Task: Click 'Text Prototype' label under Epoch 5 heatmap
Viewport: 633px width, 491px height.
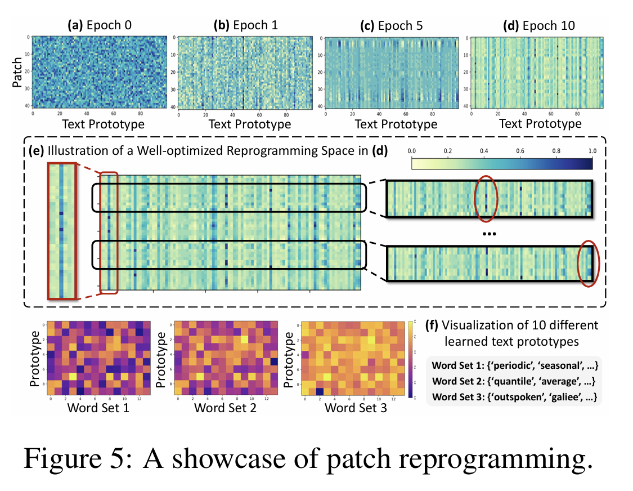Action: coord(396,124)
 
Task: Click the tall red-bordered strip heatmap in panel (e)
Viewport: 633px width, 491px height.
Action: coord(61,230)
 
